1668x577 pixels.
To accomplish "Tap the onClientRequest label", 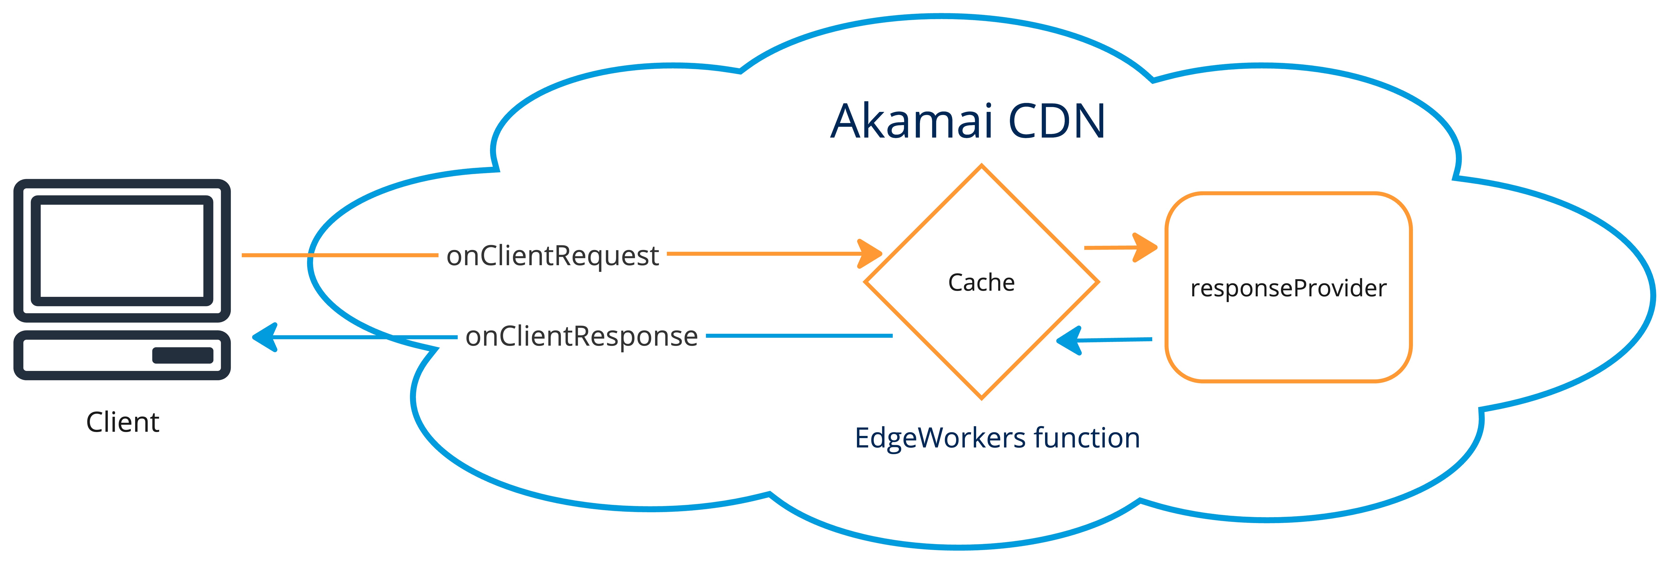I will [x=552, y=256].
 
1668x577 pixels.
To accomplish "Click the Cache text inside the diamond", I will [x=981, y=282].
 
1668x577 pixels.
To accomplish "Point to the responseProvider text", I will [x=1288, y=288].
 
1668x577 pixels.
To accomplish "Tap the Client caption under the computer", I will [x=122, y=422].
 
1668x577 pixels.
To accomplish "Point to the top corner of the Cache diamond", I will [x=982, y=166].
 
